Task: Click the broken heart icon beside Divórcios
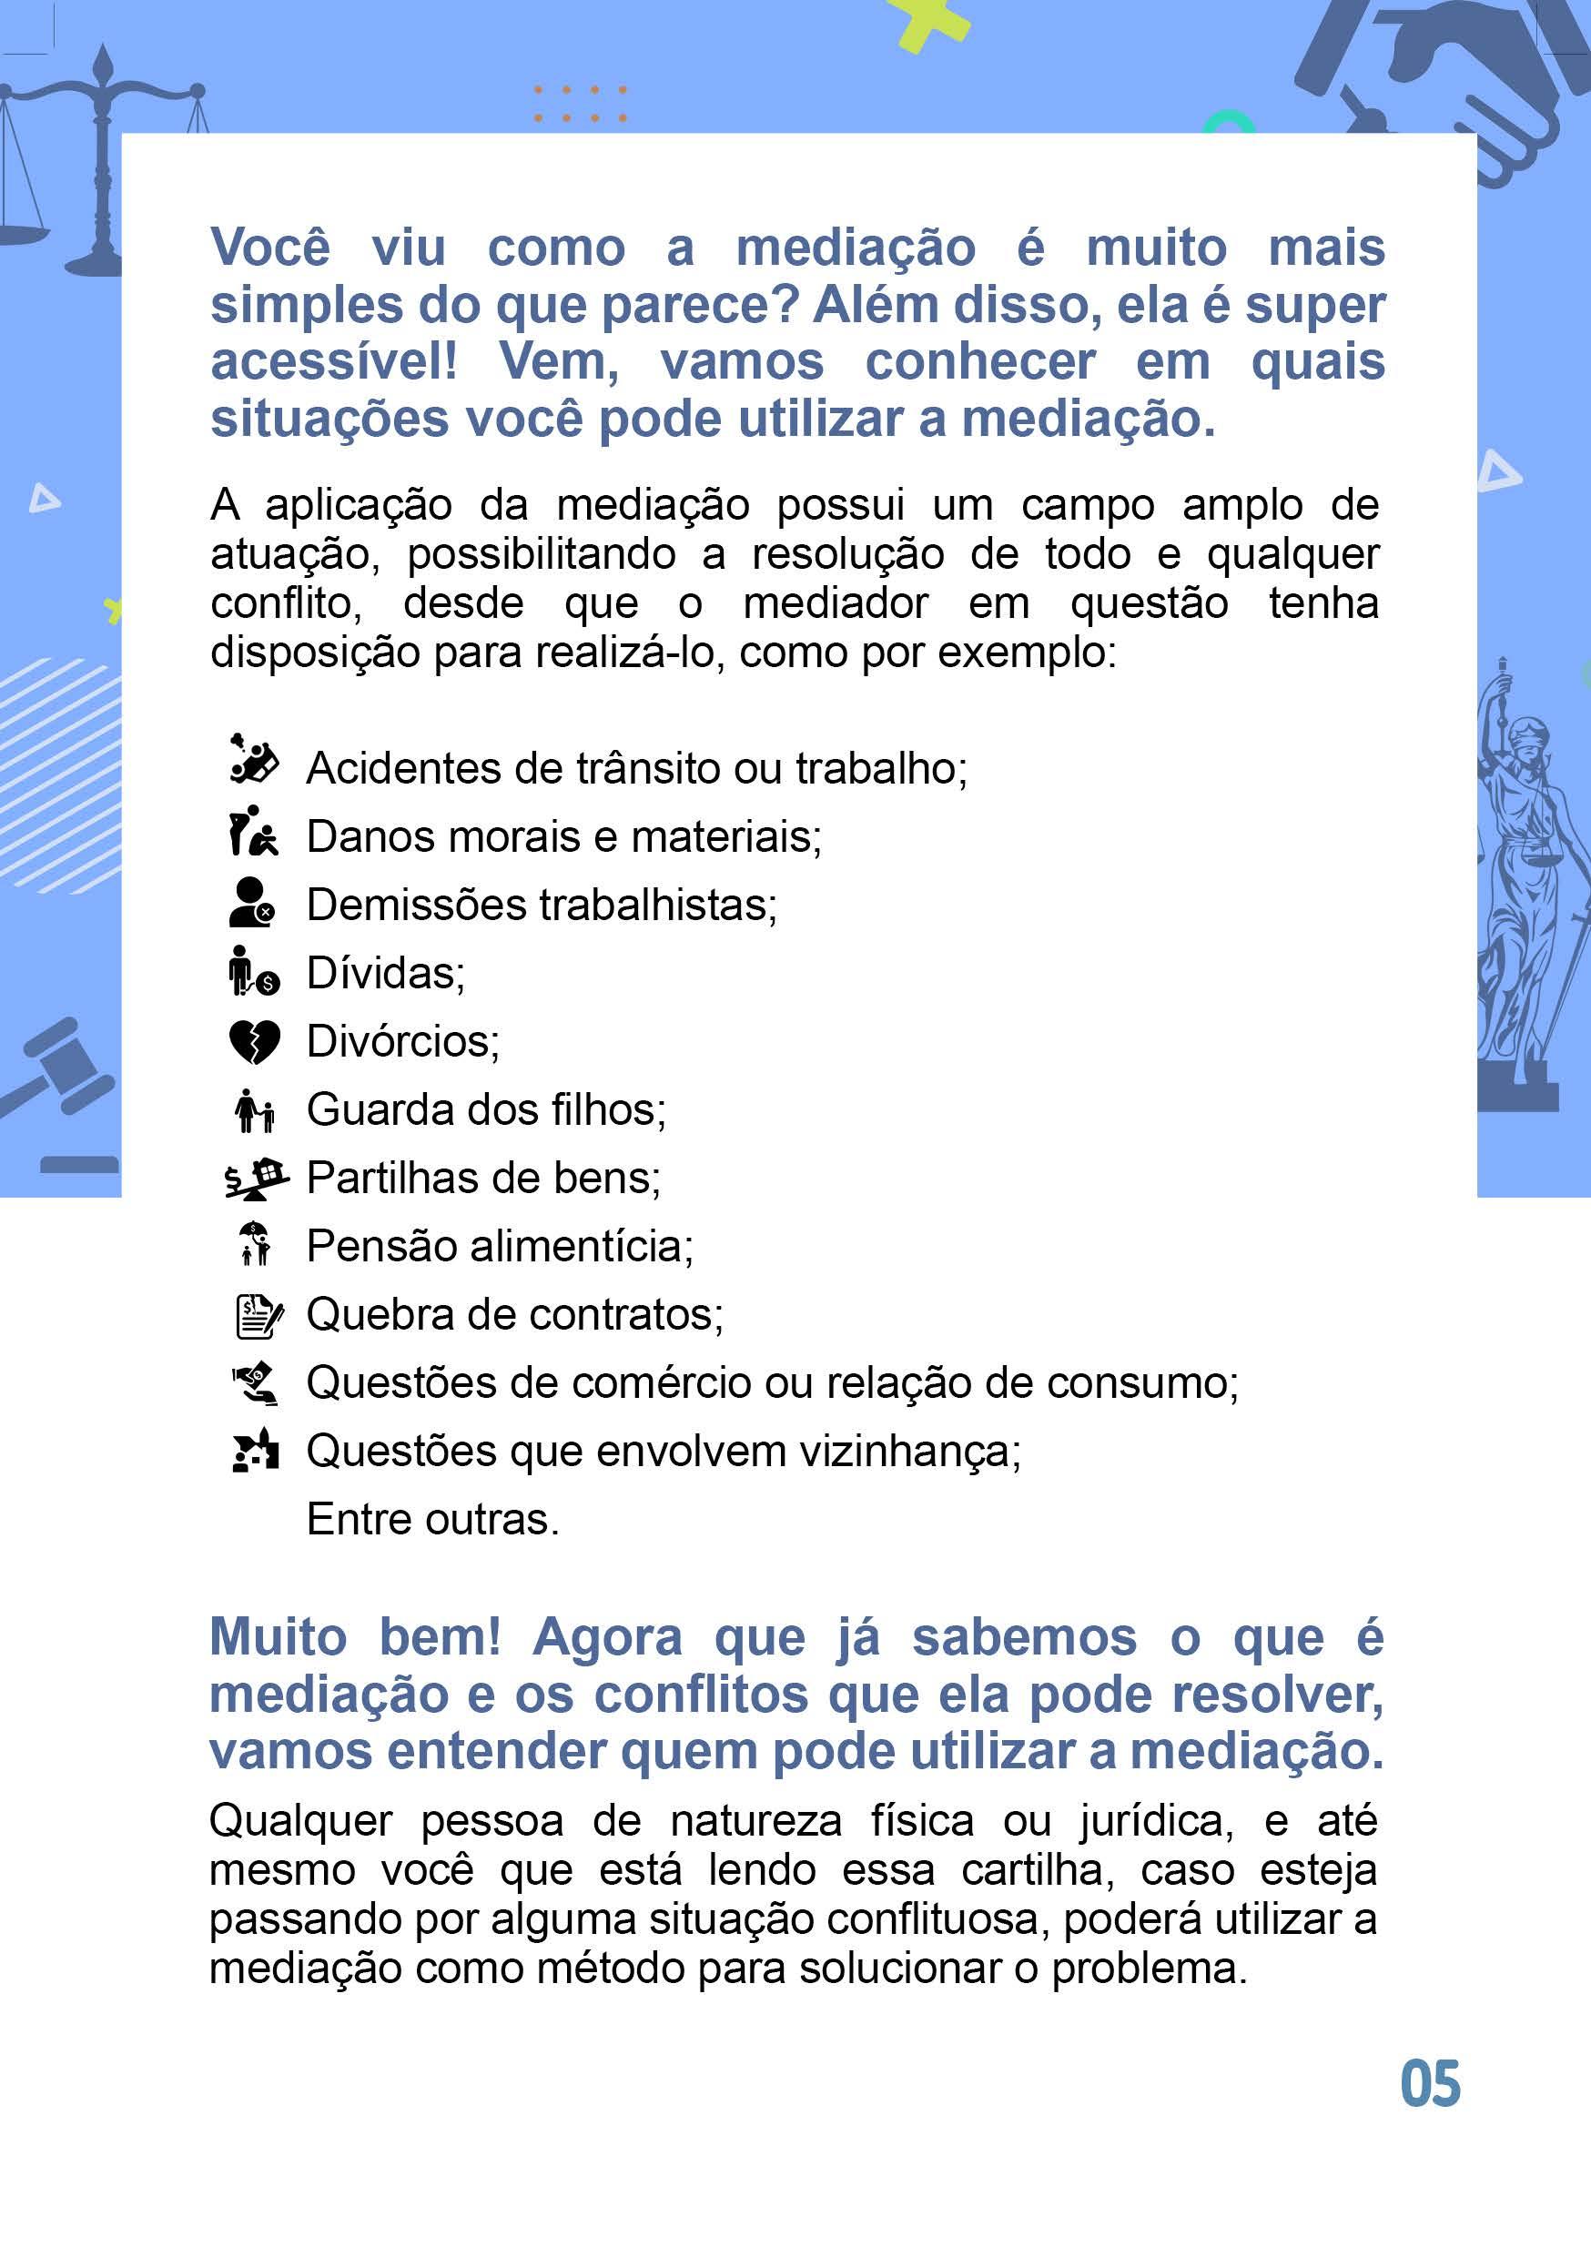coord(254,1042)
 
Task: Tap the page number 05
coord(1430,2083)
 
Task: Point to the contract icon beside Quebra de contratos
coord(258,1315)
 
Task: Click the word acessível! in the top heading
coord(334,361)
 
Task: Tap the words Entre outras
coord(432,1519)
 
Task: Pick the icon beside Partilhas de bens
coord(256,1178)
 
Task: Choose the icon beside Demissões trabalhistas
coord(252,904)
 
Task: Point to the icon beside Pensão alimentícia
coord(255,1244)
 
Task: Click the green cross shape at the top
coord(927,22)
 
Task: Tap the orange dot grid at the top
coord(580,103)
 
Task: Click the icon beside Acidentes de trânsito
coord(254,760)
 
